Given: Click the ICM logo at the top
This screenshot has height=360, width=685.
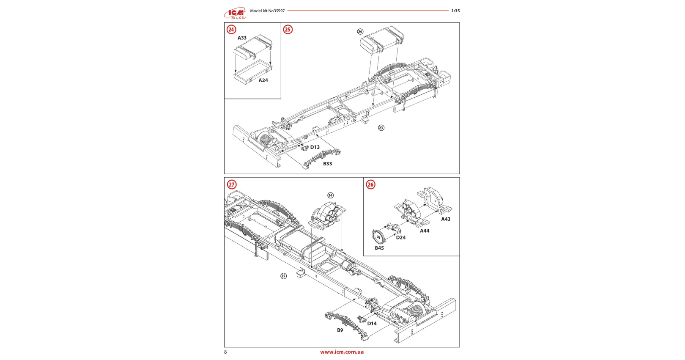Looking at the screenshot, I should click(x=235, y=13).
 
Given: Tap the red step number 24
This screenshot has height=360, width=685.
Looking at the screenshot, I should click(x=231, y=30).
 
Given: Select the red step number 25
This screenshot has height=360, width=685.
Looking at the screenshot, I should click(x=288, y=30).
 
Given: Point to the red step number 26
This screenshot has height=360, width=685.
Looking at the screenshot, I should click(x=370, y=184).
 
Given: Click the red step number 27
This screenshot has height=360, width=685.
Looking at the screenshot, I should click(x=232, y=184).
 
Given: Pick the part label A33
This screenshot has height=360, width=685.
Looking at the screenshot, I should click(x=242, y=38).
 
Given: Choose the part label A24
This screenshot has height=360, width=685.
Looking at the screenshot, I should click(x=263, y=80).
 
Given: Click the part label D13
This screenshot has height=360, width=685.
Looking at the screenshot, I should click(x=315, y=147).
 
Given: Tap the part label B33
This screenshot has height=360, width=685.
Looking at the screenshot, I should click(x=328, y=164).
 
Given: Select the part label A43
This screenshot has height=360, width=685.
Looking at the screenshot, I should click(x=446, y=219).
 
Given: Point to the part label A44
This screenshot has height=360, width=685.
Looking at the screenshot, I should click(x=425, y=231).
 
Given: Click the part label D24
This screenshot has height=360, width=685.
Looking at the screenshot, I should click(x=401, y=238).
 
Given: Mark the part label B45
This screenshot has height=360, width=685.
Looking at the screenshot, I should click(x=379, y=248).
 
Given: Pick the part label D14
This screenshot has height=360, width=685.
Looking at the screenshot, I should click(x=372, y=324).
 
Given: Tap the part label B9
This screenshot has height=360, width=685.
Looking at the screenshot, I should click(x=340, y=330).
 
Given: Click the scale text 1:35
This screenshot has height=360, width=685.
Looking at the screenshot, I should click(x=455, y=11).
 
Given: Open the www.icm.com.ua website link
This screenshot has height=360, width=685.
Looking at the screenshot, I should click(x=342, y=352).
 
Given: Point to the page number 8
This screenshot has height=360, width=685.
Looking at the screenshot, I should click(x=225, y=352).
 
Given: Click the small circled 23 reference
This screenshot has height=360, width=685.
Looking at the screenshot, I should click(x=381, y=128).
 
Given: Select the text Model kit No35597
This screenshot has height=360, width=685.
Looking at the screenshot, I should click(x=267, y=11).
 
